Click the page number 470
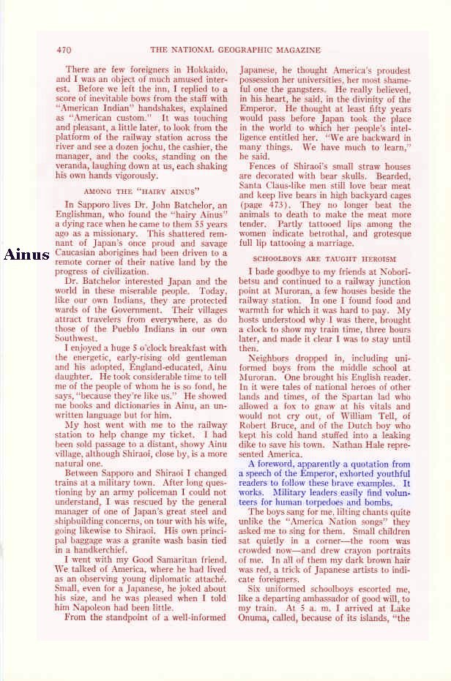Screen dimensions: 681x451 tap(63, 50)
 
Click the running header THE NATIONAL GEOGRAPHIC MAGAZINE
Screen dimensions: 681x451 tap(235, 50)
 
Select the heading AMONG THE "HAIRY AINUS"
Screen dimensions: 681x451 tap(143, 191)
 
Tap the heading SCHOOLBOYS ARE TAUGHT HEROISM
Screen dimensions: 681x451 tap(324, 258)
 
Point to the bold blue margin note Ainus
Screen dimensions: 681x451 tap(27, 255)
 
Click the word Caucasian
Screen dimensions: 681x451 tap(83, 253)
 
